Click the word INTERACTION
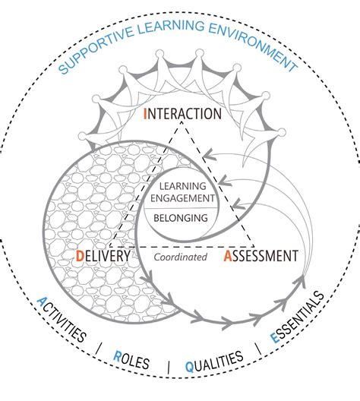click(182, 115)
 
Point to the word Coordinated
click(181, 257)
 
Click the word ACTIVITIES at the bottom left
click(60, 320)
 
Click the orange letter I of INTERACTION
click(145, 115)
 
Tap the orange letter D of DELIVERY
click(81, 257)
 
